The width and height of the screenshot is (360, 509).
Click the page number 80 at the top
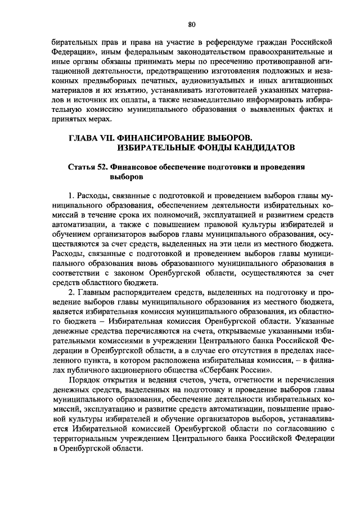191,24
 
